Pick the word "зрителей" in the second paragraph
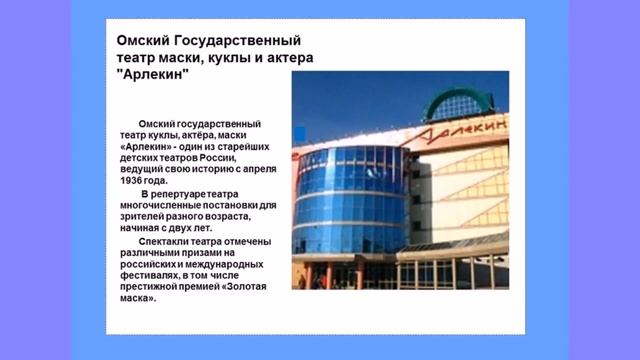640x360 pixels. [150, 217]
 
